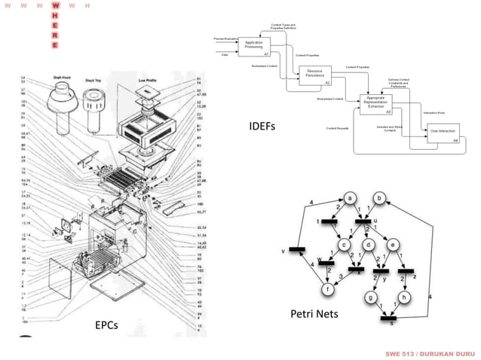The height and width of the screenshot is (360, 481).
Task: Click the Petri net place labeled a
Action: tap(351, 197)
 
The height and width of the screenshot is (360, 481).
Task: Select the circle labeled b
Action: tap(381, 197)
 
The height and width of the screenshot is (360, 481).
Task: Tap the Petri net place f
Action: tap(327, 290)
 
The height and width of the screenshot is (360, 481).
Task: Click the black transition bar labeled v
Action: tap(296, 249)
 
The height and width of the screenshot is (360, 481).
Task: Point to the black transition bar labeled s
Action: tap(390, 319)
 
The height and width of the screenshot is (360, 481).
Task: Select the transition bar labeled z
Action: tap(405, 270)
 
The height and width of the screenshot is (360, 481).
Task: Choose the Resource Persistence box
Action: tap(315, 74)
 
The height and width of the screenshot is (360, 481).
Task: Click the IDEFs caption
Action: tap(262, 126)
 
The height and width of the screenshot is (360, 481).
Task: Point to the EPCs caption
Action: tap(108, 326)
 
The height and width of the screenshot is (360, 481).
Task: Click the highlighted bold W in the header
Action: tap(55, 5)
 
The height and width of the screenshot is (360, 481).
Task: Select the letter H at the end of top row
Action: tap(87, 5)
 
